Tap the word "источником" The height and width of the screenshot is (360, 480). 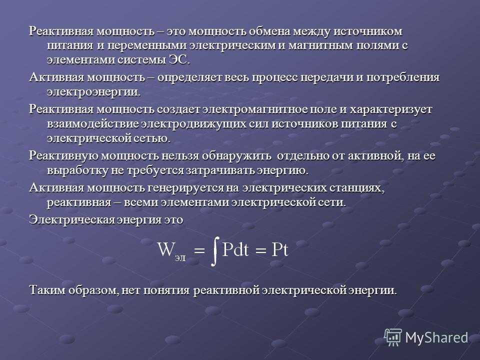367,31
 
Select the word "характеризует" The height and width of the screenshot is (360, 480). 390,109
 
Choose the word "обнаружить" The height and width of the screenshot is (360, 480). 236,156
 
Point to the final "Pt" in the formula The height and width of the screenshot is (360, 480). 280,250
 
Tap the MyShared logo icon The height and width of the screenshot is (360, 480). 393,337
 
